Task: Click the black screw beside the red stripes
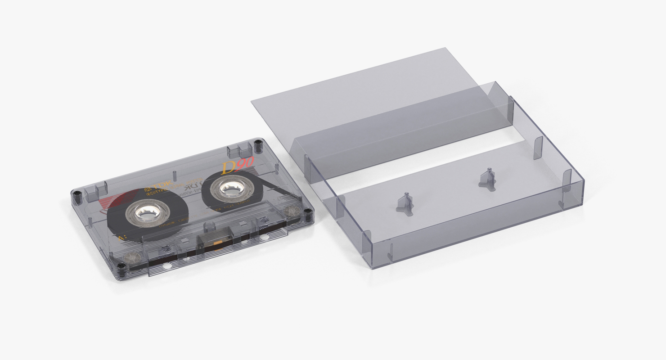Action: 77,194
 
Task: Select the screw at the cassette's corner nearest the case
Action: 307,211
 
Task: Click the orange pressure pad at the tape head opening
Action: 218,243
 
